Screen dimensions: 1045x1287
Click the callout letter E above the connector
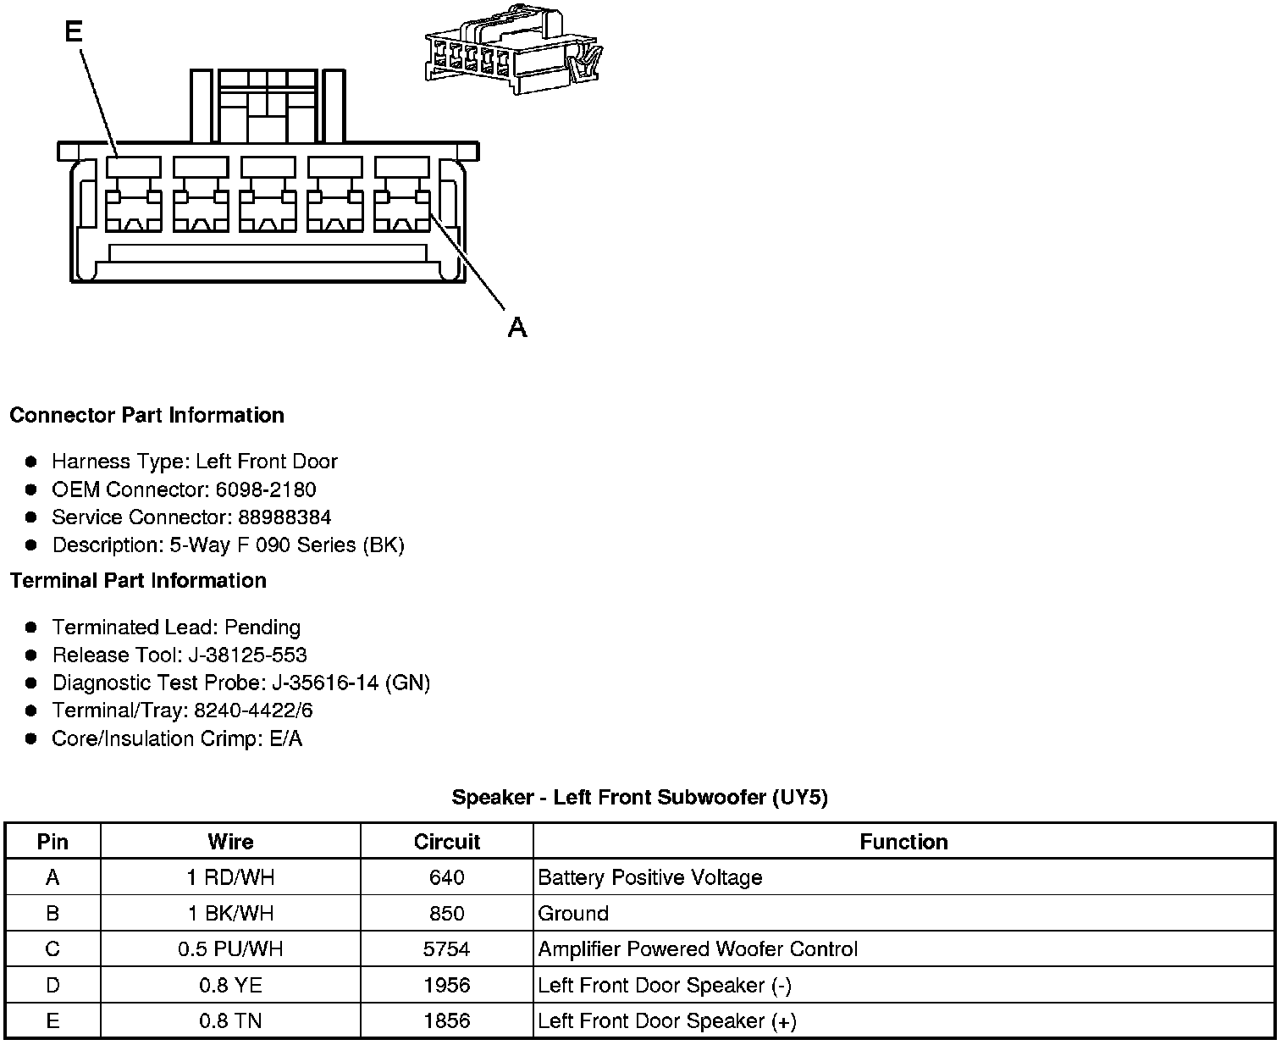pyautogui.click(x=74, y=31)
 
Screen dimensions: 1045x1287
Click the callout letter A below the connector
pyautogui.click(x=517, y=327)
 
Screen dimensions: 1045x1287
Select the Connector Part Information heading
pyautogui.click(x=146, y=415)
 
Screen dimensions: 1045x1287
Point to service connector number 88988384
pyautogui.click(x=284, y=517)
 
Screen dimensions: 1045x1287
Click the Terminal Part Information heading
pyautogui.click(x=138, y=580)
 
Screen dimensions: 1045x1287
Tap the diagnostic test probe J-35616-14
pyautogui.click(x=325, y=683)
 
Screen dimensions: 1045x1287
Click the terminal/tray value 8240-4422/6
pyautogui.click(x=253, y=710)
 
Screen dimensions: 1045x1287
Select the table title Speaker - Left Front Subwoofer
pyautogui.click(x=639, y=797)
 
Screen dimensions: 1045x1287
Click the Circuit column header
pyautogui.click(x=446, y=842)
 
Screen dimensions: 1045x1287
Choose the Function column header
pyautogui.click(x=903, y=842)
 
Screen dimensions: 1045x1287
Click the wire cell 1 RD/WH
pyautogui.click(x=230, y=877)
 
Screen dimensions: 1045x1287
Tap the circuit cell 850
pyautogui.click(x=446, y=914)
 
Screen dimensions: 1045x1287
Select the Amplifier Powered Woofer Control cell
pyautogui.click(x=698, y=949)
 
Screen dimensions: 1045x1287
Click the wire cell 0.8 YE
pyautogui.click(x=230, y=985)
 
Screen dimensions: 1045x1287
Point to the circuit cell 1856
pyautogui.click(x=446, y=1021)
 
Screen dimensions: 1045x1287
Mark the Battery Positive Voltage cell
pyautogui.click(x=650, y=877)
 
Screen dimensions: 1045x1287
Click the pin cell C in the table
pyautogui.click(x=52, y=949)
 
